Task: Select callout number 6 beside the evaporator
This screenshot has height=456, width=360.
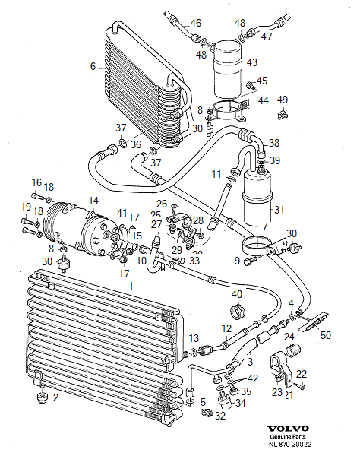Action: coord(93,67)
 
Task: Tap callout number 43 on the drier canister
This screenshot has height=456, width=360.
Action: coord(251,62)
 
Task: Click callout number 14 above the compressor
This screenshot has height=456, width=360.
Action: coord(93,201)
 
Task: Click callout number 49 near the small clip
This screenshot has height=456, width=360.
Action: coord(283,100)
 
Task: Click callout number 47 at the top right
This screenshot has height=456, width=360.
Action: coord(267,36)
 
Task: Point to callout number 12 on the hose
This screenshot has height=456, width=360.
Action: coord(226,328)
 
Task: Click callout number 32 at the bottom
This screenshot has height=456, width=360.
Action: coord(221,416)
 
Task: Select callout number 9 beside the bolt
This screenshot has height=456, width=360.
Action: coord(236,261)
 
